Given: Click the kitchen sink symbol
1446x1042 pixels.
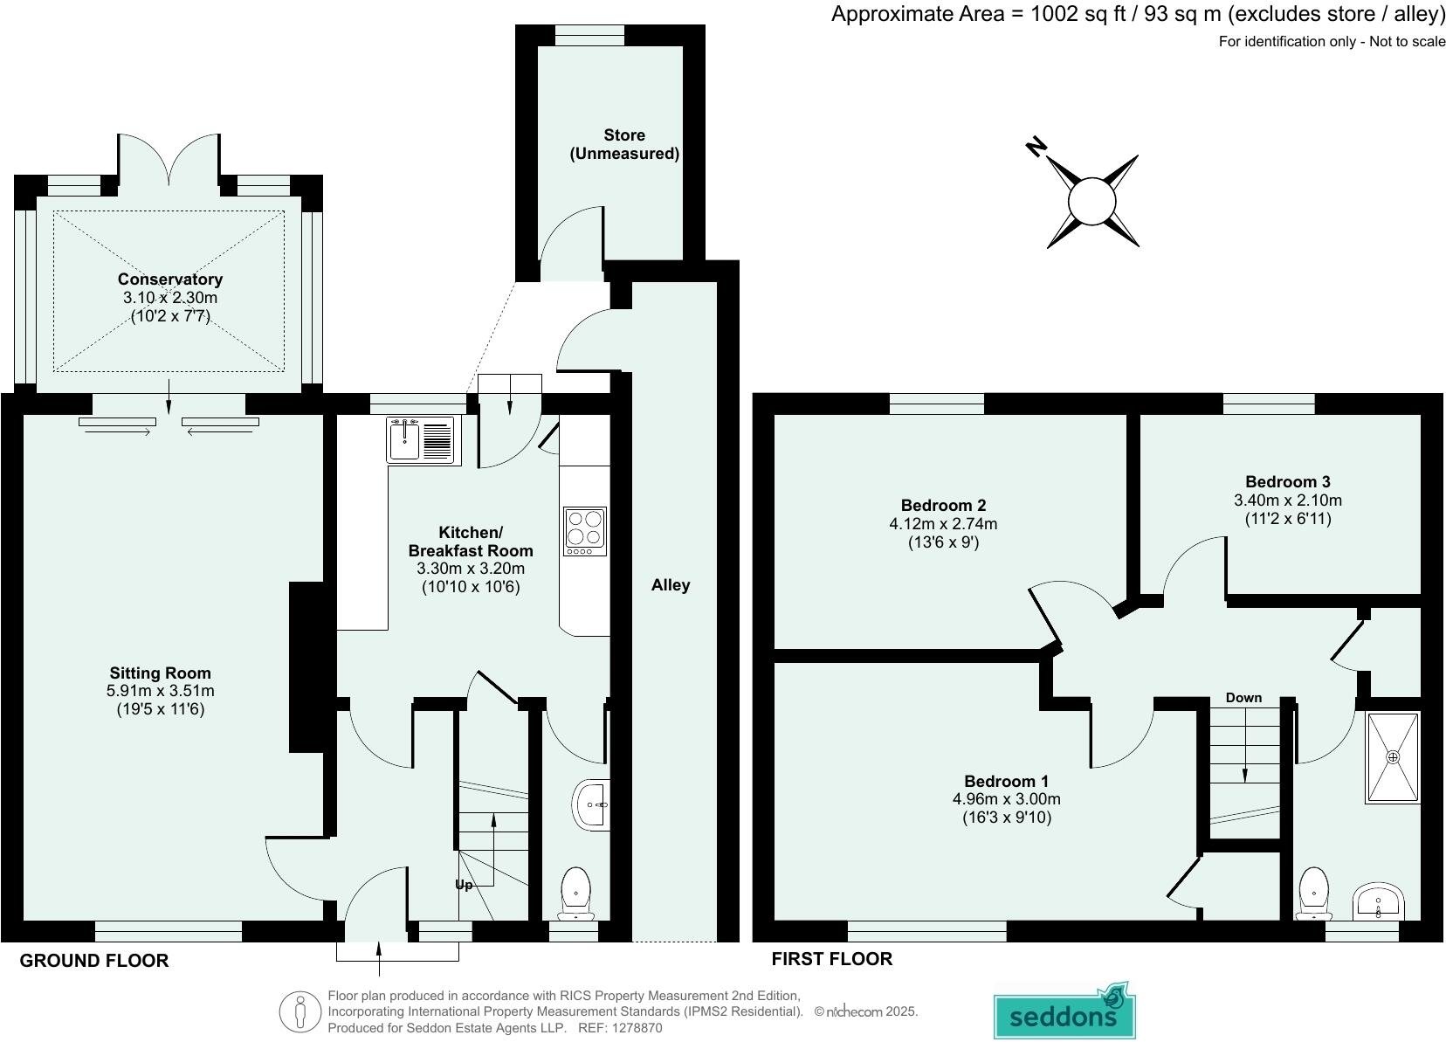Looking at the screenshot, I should click(423, 439).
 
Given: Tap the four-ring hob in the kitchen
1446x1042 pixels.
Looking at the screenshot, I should click(585, 531).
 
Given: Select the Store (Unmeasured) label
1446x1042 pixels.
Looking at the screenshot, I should click(624, 144).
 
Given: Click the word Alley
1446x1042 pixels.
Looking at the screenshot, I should click(671, 585).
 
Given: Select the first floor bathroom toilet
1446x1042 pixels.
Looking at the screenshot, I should click(1314, 894).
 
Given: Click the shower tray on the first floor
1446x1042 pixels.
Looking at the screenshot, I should click(1393, 756).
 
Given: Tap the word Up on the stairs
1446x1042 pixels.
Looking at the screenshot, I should click(464, 885).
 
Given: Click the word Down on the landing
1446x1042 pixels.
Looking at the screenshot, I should click(1243, 697).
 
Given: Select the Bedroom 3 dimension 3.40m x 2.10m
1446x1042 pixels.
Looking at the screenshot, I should click(1287, 500).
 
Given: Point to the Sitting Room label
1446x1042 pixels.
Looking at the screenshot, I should click(160, 673).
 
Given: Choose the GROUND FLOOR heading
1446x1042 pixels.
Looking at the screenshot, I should click(94, 961).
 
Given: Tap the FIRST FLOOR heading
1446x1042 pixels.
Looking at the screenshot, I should click(831, 959).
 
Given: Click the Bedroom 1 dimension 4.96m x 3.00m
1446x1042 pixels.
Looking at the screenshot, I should click(1006, 799).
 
